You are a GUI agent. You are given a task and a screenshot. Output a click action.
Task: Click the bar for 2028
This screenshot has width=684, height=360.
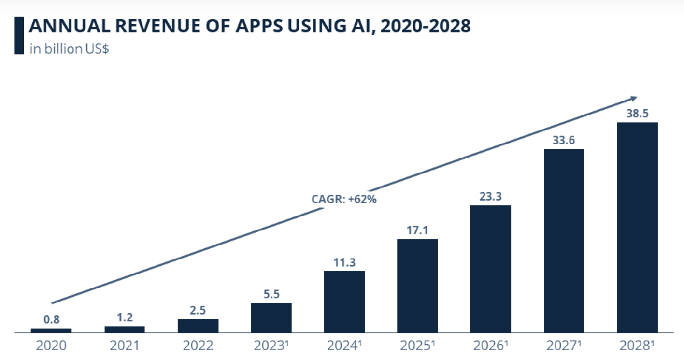tap(637, 227)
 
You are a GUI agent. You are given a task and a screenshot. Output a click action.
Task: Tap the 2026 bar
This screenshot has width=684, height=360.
tap(490, 269)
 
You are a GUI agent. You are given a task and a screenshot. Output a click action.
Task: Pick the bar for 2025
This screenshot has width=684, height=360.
tap(417, 286)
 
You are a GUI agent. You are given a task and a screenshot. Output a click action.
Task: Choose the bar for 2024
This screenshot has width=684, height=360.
tap(344, 302)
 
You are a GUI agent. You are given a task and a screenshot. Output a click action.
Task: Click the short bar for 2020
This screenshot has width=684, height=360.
tap(51, 331)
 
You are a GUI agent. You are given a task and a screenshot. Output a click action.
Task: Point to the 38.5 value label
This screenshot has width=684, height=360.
tap(637, 114)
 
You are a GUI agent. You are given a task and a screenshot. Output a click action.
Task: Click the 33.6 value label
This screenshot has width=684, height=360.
tap(564, 141)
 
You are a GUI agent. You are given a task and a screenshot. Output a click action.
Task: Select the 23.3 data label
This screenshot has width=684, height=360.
tap(490, 197)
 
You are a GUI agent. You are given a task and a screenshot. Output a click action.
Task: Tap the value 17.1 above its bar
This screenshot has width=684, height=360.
tap(417, 230)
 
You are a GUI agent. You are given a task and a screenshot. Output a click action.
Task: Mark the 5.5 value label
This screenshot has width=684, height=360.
tap(271, 294)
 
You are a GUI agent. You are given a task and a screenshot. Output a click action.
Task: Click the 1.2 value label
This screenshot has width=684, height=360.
tap(125, 318)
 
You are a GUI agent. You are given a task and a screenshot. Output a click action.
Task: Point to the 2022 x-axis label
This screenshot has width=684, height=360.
tap(198, 346)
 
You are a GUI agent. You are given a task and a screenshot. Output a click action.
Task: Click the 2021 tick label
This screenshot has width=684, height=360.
tap(125, 346)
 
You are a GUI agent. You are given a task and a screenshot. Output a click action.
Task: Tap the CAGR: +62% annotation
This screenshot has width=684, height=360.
tap(344, 199)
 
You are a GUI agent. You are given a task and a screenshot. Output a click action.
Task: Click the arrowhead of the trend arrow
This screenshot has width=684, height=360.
tap(633, 99)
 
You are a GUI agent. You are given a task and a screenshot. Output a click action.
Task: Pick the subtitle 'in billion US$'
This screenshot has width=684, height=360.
tap(69, 49)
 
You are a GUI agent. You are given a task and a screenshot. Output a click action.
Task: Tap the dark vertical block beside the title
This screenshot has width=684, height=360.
tap(19, 35)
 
